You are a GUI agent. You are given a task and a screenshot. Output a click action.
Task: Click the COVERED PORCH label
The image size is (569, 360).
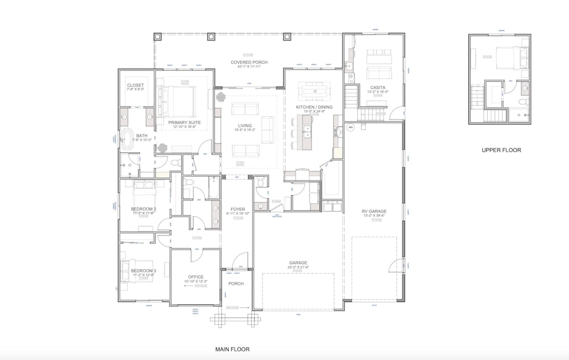coord(249,62)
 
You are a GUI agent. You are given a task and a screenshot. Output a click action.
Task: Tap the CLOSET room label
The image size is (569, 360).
coord(135,85)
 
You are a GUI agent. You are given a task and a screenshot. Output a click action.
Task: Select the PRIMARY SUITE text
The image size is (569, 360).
coord(184,122)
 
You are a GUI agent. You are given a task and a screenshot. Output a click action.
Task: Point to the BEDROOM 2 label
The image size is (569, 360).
coord(143,209)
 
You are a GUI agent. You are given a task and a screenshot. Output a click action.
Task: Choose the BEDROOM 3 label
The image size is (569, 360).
coord(143,271)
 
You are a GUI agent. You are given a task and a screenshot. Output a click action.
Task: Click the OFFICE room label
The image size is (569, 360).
coord(196,277)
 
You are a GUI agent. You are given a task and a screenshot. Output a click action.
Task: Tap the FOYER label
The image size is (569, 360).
coord(238,209)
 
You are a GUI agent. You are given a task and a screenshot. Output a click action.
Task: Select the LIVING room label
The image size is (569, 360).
coord(244,126)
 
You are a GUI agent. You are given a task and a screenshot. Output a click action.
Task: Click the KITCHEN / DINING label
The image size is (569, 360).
coord(314,107)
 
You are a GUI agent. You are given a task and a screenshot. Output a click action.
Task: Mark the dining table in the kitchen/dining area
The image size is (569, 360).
coord(314,91)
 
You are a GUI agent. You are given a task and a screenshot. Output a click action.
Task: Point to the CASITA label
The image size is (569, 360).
coord(377,88)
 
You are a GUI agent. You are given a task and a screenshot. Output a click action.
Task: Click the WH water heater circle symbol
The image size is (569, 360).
coord(350,127)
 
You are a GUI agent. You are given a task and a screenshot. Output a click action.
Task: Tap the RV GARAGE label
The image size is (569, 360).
coord(374,212)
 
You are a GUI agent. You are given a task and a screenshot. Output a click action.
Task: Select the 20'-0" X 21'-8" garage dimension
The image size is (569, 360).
coord(298,268)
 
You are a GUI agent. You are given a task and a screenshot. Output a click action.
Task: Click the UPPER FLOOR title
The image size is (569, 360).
coord(501,150)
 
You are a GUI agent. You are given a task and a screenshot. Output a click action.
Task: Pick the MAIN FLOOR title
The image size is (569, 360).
coord(232,349)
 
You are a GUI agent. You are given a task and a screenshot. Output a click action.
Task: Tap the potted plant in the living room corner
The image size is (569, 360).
coord(220,97)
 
